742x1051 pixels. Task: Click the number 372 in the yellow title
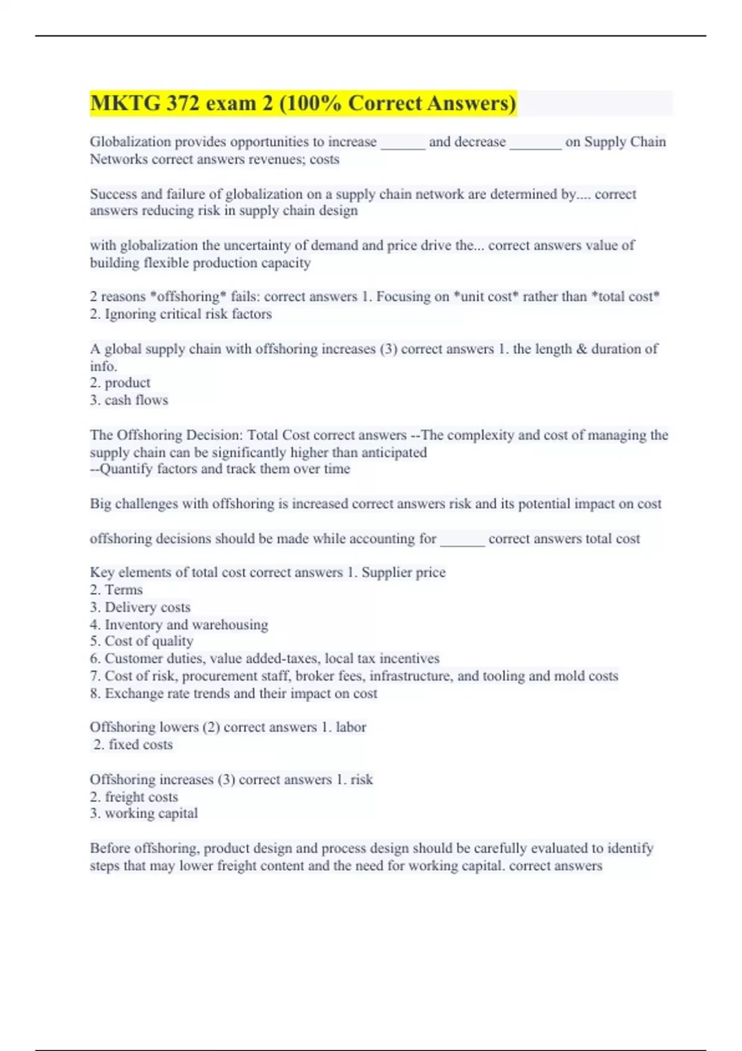182,103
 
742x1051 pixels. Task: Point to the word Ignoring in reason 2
130,314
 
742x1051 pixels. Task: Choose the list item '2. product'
120,383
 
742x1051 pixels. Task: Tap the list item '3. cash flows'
129,400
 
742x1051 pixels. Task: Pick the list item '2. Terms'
116,590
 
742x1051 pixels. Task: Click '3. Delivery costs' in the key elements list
140,607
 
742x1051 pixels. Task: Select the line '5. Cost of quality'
142,641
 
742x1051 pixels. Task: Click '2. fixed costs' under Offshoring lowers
133,744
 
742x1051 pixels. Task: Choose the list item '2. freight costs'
134,797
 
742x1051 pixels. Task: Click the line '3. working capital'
143,814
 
